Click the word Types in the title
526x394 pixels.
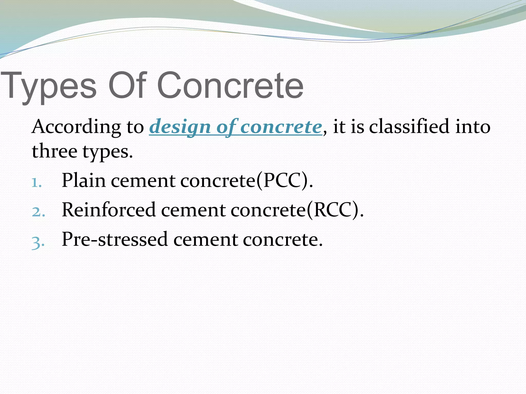49,86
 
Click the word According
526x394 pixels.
76,127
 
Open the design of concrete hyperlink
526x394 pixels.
235,127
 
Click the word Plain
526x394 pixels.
84,181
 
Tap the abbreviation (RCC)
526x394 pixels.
335,210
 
